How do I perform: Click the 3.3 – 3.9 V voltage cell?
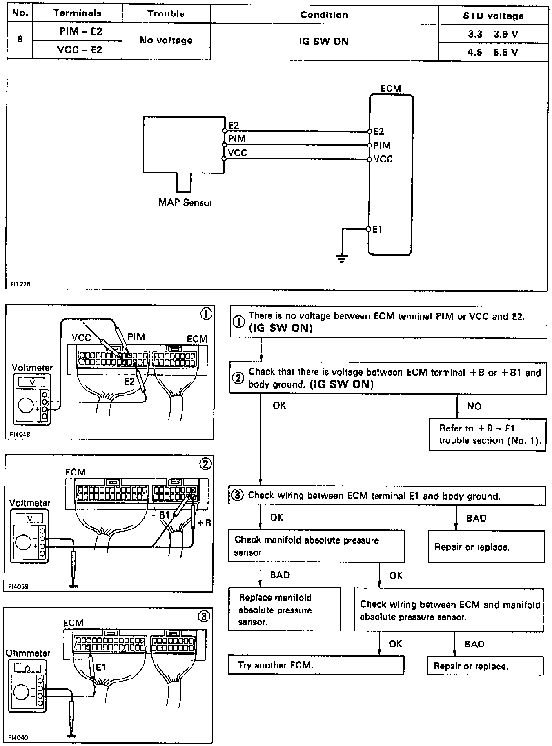pyautogui.click(x=493, y=34)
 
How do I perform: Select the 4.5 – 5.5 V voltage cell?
pyautogui.click(x=493, y=52)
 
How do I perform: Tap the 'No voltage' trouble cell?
pyautogui.click(x=166, y=40)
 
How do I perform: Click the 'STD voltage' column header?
pyautogui.click(x=493, y=16)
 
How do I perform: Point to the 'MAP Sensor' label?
pyautogui.click(x=185, y=203)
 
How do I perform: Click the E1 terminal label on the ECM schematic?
pyautogui.click(x=377, y=229)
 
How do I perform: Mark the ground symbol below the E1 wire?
pyautogui.click(x=342, y=259)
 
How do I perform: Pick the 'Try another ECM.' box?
pyautogui.click(x=316, y=665)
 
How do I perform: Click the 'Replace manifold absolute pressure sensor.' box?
pyautogui.click(x=285, y=610)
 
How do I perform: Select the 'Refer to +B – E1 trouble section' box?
pyautogui.click(x=487, y=435)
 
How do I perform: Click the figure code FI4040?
pyautogui.click(x=18, y=737)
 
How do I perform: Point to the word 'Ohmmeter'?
pyautogui.click(x=28, y=653)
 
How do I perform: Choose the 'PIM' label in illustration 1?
pyautogui.click(x=136, y=337)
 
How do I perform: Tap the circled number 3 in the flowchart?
pyautogui.click(x=238, y=495)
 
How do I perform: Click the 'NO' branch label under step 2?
pyautogui.click(x=474, y=406)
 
